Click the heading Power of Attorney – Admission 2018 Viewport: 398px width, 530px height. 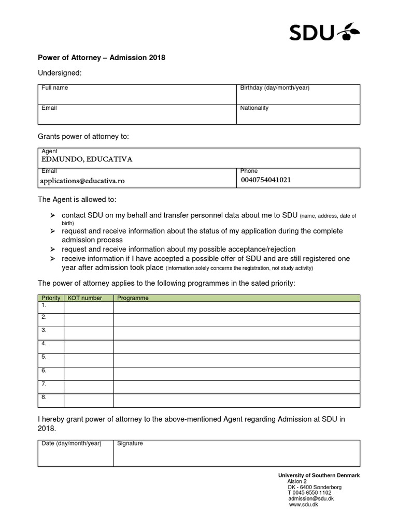pos(102,57)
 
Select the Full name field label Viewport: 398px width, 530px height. pos(54,88)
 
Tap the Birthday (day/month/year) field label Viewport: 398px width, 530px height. pos(275,88)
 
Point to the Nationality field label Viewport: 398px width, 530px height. pos(254,108)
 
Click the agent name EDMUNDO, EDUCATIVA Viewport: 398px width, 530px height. pos(87,159)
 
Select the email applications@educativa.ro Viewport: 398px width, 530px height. pos(83,181)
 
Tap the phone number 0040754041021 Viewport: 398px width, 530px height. pos(266,180)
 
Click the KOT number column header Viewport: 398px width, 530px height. pos(85,298)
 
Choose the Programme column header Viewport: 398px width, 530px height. pos(133,298)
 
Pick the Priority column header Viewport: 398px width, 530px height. pos(51,298)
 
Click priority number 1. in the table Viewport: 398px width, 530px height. pos(44,305)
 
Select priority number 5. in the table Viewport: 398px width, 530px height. pos(44,357)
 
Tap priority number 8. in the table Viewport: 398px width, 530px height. pos(44,397)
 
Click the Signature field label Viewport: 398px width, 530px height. pos(130,444)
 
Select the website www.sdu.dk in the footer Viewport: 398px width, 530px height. pos(303,505)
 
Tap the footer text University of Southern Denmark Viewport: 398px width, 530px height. pos(319,475)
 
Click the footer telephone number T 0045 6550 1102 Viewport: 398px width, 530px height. pos(309,493)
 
